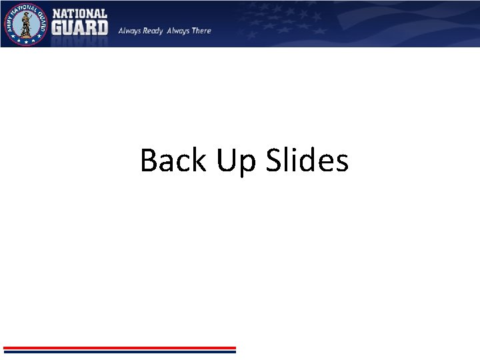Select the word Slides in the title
pos(307,161)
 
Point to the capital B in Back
pos(149,161)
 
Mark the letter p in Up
pos(247,165)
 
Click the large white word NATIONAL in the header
pos(79,13)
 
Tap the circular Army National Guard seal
pos(25,24)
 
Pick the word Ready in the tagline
pos(153,31)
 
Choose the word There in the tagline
pos(201,31)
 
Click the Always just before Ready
pos(130,31)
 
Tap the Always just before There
pos(178,31)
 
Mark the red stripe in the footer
pos(120,347)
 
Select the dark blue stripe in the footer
pos(120,351)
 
